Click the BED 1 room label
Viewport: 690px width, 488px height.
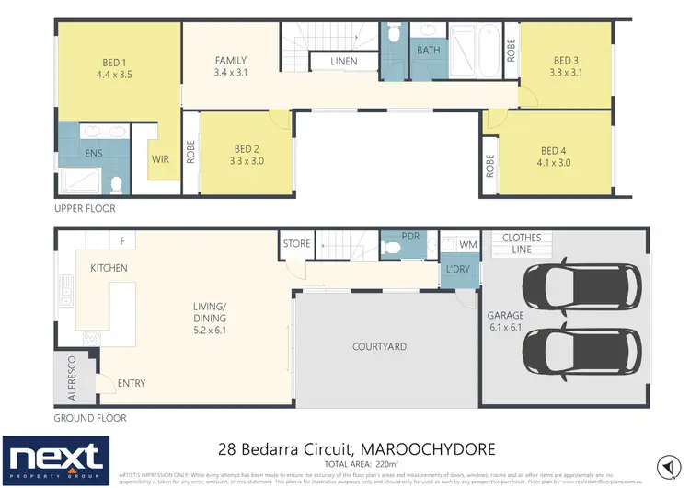click(116, 64)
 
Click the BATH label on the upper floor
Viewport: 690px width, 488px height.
click(429, 50)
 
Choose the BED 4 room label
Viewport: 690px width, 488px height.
click(554, 151)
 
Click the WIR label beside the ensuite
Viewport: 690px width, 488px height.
click(160, 158)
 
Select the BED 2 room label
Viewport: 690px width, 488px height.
click(247, 148)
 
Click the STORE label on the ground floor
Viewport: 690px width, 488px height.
click(296, 244)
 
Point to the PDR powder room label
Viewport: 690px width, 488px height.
click(411, 237)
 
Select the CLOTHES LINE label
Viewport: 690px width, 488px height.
click(521, 244)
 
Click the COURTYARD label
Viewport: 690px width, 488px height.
click(379, 347)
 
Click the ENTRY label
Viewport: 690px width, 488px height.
click(131, 383)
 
